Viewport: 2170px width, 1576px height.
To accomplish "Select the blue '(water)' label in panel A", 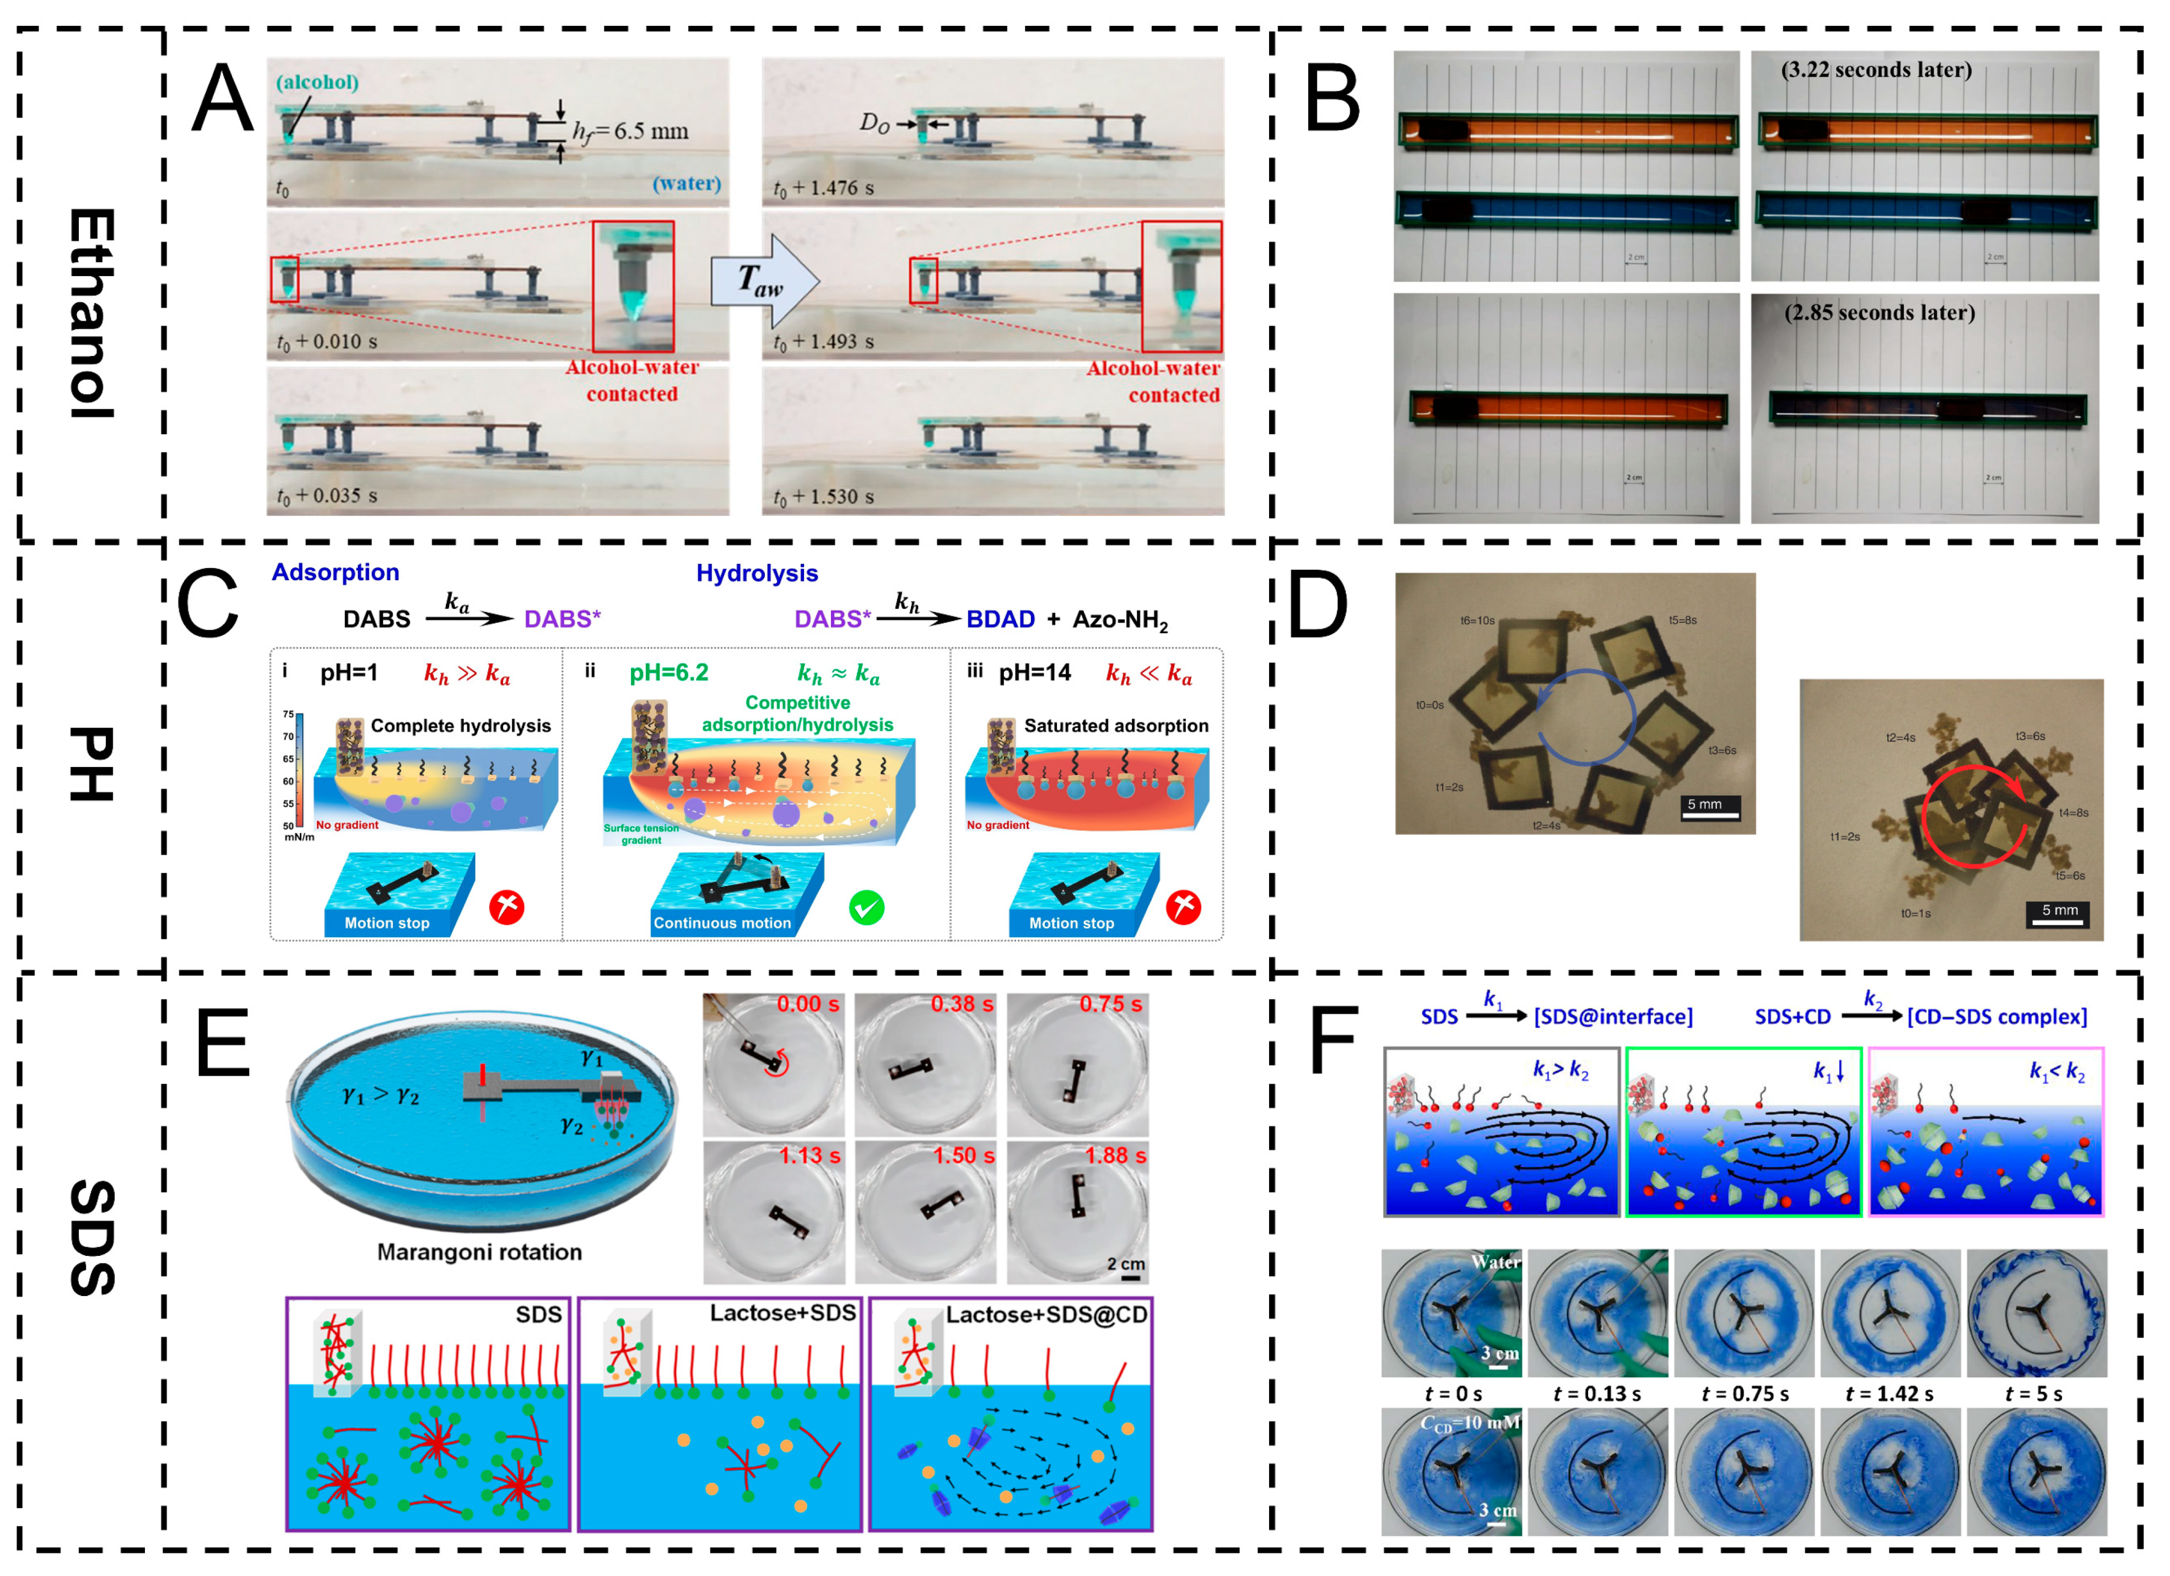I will pos(686,183).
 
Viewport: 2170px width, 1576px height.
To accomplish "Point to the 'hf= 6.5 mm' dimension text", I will pos(630,131).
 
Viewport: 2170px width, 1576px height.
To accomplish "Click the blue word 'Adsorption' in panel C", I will pos(335,572).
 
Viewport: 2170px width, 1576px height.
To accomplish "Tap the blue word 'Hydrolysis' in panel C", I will pos(757,573).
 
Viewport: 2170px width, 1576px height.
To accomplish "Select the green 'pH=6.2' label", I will pos(669,673).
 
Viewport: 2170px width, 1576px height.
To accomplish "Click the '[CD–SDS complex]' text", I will pos(1997,1016).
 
